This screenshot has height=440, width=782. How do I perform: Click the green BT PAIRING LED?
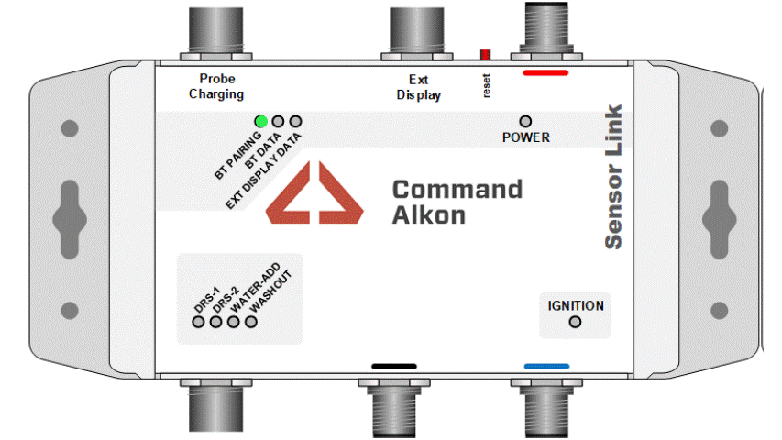pyautogui.click(x=261, y=121)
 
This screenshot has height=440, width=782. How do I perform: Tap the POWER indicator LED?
pyautogui.click(x=525, y=121)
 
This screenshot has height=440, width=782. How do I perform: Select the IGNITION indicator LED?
pyautogui.click(x=575, y=322)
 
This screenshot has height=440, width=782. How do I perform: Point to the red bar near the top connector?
pyautogui.click(x=545, y=71)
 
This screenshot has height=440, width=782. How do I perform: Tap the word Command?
pyautogui.click(x=457, y=190)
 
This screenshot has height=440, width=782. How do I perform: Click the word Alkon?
pyautogui.click(x=428, y=216)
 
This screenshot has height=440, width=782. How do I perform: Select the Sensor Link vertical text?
pyautogui.click(x=613, y=176)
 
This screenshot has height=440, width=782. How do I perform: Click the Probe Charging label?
pyautogui.click(x=216, y=87)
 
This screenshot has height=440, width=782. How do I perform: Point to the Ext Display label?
pyautogui.click(x=418, y=87)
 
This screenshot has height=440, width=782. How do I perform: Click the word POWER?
pyautogui.click(x=526, y=138)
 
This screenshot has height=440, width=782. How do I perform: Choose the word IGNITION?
pyautogui.click(x=576, y=305)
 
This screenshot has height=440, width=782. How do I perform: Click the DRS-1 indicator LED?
pyautogui.click(x=198, y=322)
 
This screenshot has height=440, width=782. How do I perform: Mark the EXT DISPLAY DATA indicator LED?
pyautogui.click(x=295, y=121)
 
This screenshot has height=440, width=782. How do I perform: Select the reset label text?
pyautogui.click(x=487, y=84)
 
